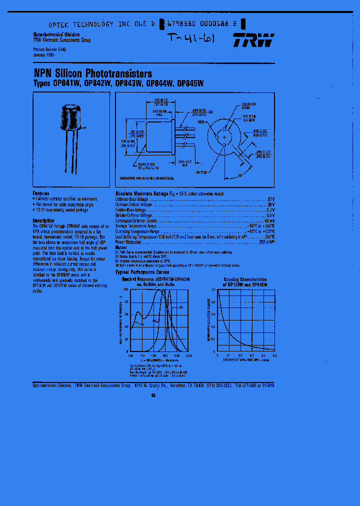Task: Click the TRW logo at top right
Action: tap(253, 40)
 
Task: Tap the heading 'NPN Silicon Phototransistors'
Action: tap(92, 74)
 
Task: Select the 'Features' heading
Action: tap(41, 193)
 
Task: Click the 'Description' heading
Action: tap(43, 220)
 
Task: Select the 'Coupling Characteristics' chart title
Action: tap(245, 280)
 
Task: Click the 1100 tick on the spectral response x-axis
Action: tap(188, 356)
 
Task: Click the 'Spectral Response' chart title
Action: tap(155, 279)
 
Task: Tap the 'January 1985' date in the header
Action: tap(43, 55)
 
